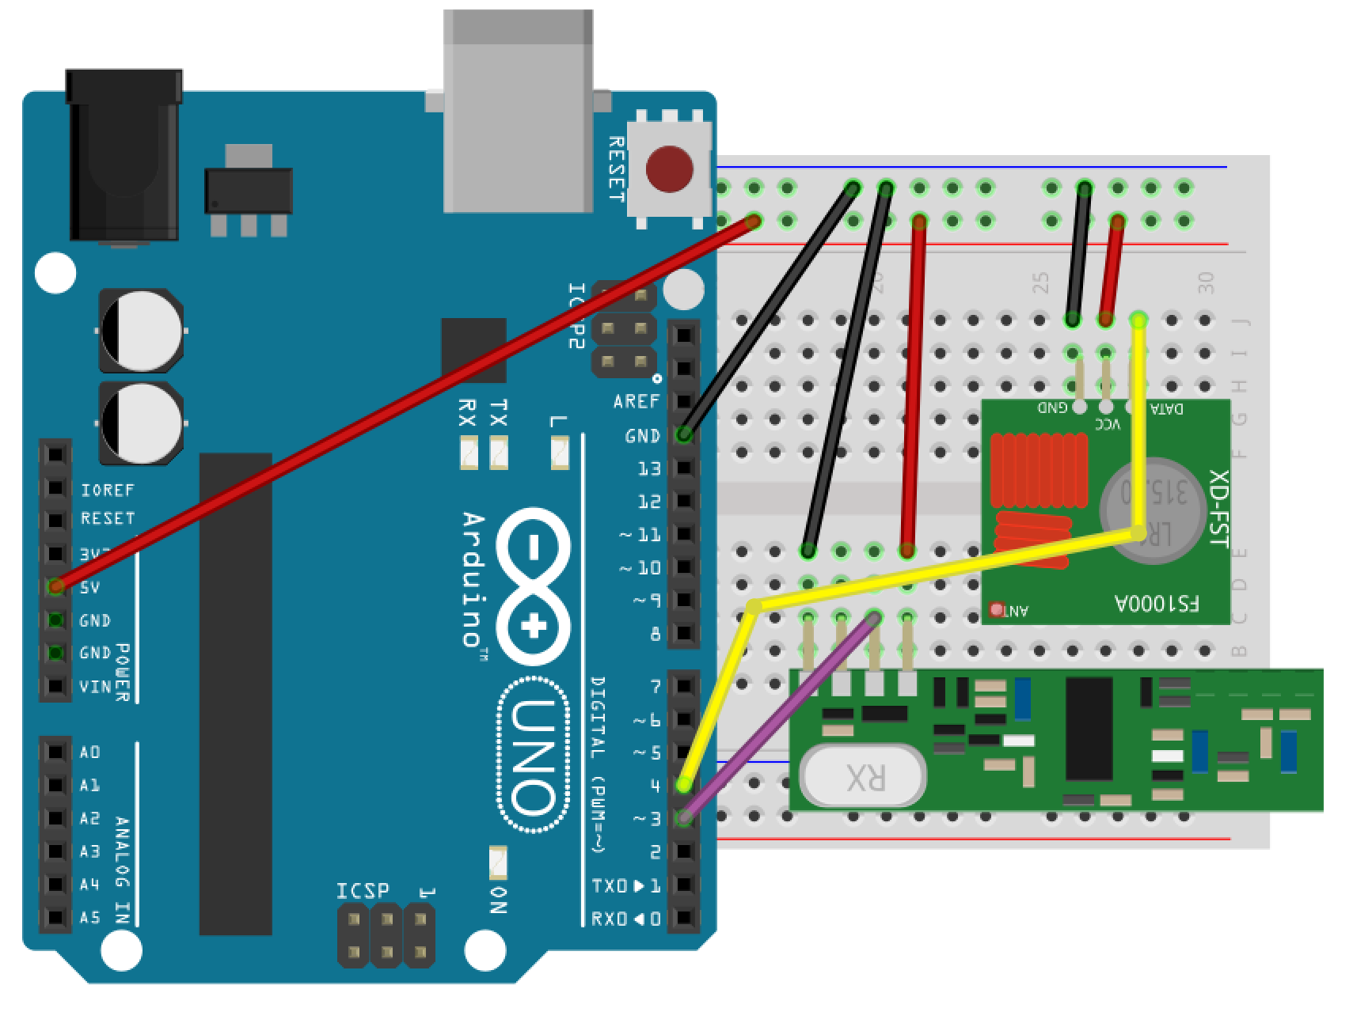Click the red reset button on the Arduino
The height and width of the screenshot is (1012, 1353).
(669, 169)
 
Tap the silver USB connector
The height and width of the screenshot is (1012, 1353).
(519, 111)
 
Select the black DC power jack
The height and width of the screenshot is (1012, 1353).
(124, 154)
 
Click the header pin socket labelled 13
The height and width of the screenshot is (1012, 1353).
(684, 468)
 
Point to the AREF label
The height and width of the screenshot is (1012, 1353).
(636, 402)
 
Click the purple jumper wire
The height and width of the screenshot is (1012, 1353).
(780, 718)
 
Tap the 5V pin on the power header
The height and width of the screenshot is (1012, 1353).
(55, 587)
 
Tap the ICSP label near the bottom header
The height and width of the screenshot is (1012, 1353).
(363, 891)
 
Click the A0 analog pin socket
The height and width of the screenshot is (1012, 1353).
(55, 752)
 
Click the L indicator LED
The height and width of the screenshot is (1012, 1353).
(560, 454)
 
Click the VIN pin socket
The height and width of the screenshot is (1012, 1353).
(55, 686)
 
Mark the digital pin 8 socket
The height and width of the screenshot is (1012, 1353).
(684, 633)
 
